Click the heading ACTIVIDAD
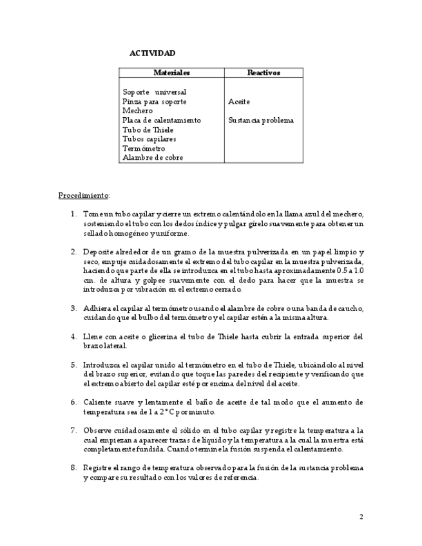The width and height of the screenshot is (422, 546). click(x=152, y=53)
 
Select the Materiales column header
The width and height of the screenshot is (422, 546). click(x=171, y=73)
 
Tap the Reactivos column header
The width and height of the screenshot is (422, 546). click(x=264, y=73)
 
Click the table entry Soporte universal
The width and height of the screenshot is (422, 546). click(x=154, y=92)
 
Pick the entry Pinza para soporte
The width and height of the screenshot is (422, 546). click(x=155, y=102)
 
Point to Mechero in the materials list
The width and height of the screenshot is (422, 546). click(x=137, y=111)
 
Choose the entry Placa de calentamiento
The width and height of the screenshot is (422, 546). click(x=162, y=120)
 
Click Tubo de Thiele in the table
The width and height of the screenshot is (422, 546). click(x=148, y=129)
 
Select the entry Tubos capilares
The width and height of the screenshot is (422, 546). click(x=149, y=138)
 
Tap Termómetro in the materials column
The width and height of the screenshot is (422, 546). click(x=144, y=148)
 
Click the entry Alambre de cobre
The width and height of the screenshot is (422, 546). click(x=153, y=157)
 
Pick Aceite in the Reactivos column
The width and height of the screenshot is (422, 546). click(x=239, y=102)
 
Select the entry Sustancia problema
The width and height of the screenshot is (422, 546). click(x=261, y=120)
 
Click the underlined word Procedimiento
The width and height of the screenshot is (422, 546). click(x=84, y=194)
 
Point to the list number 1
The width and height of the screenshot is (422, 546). click(x=73, y=214)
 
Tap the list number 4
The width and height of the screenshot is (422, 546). click(x=73, y=336)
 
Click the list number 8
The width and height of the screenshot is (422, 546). click(x=73, y=467)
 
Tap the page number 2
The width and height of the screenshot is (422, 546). click(x=361, y=516)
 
